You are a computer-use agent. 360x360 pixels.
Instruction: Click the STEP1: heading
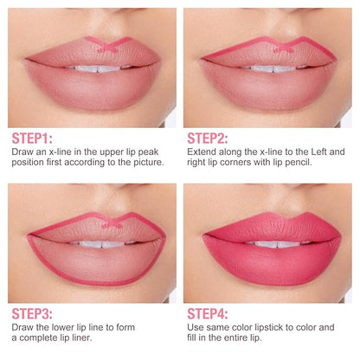(x=32, y=138)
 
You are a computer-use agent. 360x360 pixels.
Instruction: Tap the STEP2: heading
(x=208, y=138)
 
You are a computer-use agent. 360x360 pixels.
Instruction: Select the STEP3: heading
(x=32, y=314)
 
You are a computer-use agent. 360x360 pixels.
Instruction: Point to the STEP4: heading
(x=208, y=314)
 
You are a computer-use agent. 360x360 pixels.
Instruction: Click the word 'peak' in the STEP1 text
(x=148, y=152)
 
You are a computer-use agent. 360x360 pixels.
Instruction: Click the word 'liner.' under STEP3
(x=81, y=337)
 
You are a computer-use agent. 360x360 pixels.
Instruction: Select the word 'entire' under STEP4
(x=235, y=337)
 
